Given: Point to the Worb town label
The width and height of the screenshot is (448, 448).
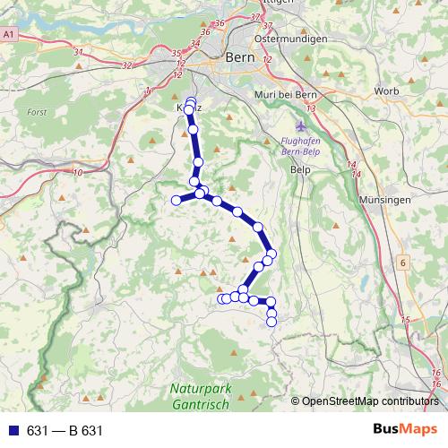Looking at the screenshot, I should (x=386, y=91).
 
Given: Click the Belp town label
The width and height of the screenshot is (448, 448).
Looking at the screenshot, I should (x=300, y=169).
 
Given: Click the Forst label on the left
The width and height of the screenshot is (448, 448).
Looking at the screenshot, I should (x=37, y=114).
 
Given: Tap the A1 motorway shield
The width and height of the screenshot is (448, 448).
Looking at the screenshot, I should (x=9, y=33).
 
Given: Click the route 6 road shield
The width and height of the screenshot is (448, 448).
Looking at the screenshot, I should (x=403, y=263).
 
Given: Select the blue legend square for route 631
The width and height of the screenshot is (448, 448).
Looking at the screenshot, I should (x=13, y=431).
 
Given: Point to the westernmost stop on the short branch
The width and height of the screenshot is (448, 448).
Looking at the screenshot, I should (x=177, y=200).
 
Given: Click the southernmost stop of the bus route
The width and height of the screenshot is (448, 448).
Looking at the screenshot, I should (x=271, y=321).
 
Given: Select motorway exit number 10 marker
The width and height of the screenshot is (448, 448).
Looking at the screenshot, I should (x=77, y=171).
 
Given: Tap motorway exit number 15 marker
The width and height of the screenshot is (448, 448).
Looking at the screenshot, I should (x=405, y=320).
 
